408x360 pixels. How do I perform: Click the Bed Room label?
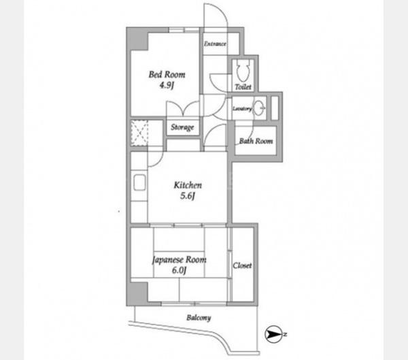tap(167, 75)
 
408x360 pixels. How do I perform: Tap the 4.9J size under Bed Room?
tap(167, 85)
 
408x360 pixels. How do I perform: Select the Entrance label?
tap(215, 44)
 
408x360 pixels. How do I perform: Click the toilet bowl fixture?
tap(243, 71)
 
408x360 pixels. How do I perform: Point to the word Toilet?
tap(243, 86)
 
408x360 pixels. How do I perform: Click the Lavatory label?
tap(242, 109)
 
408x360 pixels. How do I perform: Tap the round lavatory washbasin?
tap(259, 108)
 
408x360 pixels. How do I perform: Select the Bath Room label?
tap(256, 141)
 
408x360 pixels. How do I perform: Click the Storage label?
tap(182, 127)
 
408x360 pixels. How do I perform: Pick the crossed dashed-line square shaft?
tap(139, 133)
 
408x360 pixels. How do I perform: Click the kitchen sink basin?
tap(139, 182)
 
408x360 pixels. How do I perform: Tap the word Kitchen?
tap(188, 185)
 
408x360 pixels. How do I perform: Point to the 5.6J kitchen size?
tap(188, 196)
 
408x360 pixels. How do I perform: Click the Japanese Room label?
tap(180, 260)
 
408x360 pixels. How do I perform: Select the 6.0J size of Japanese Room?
tap(179, 270)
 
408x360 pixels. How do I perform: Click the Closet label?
tap(242, 265)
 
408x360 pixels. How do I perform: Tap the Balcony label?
tap(199, 318)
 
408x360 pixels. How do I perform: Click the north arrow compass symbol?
tap(273, 334)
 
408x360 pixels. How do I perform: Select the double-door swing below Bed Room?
tap(183, 108)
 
